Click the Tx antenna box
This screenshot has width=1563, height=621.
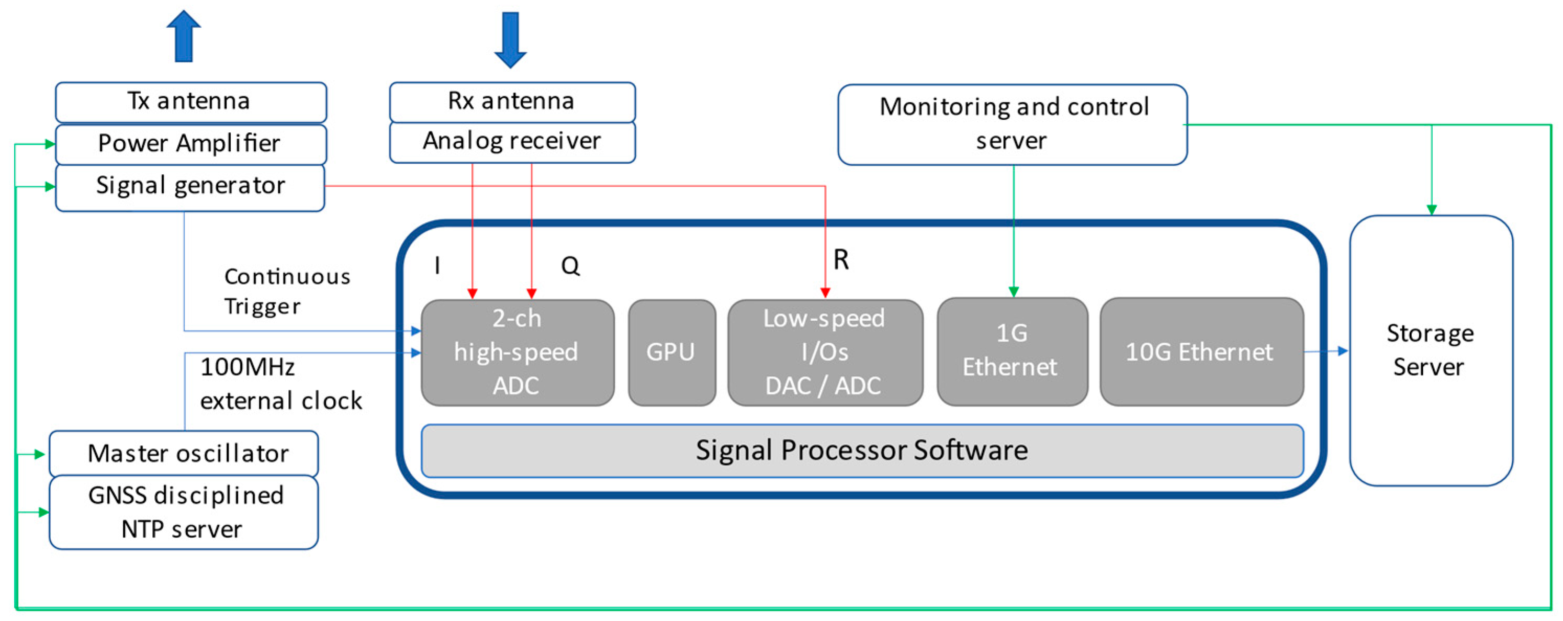190,101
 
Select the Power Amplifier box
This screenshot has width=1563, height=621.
190,144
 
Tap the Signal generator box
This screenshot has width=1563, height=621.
190,186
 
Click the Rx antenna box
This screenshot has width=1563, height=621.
512,101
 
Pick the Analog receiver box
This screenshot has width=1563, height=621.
512,141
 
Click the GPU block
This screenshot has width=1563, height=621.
671,352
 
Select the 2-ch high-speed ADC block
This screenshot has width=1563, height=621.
517,352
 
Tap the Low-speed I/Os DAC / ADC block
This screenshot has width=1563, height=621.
825,352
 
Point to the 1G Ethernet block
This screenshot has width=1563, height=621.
1011,351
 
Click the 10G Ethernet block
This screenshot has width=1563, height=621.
1201,352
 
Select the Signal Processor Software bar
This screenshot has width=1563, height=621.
862,450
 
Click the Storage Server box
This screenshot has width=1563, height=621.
1430,351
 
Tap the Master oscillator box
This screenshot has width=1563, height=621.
184,453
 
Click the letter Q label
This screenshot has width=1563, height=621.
570,266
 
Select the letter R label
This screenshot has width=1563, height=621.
840,259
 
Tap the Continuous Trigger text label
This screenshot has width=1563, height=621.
286,291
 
